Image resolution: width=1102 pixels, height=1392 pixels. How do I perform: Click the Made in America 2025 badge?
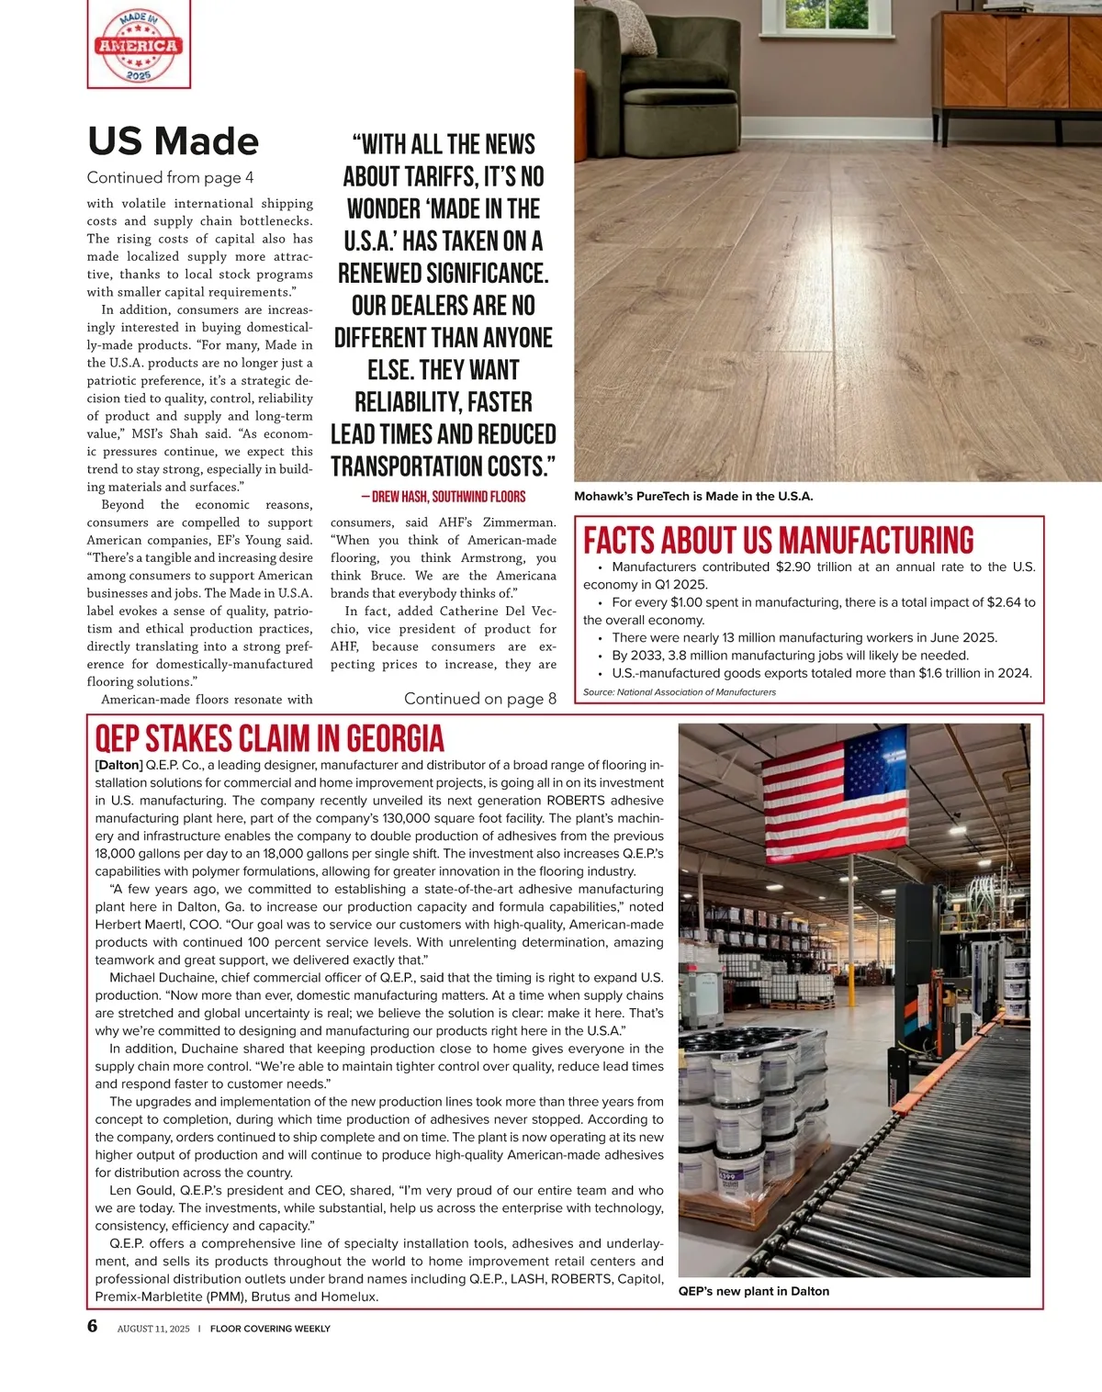click(139, 45)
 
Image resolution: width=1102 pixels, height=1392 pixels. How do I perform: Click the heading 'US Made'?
click(174, 141)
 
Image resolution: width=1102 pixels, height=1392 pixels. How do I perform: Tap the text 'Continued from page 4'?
click(170, 177)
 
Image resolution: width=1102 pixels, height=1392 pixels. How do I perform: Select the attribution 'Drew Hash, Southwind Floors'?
click(444, 497)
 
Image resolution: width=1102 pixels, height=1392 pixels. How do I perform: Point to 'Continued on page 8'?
click(479, 699)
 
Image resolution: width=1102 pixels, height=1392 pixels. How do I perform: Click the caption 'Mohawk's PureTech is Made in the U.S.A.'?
click(693, 497)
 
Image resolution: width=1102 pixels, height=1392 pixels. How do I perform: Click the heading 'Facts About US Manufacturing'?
click(779, 540)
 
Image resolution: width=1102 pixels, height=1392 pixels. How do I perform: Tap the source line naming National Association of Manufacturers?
click(679, 692)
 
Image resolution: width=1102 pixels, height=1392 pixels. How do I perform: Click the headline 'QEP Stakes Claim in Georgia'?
click(270, 739)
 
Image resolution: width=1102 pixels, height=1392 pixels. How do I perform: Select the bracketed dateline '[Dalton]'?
click(118, 765)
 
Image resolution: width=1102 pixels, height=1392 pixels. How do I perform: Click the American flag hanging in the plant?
click(834, 797)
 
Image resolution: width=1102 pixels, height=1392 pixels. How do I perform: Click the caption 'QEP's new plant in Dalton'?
click(753, 1291)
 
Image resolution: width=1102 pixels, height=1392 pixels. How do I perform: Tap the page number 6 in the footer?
click(93, 1326)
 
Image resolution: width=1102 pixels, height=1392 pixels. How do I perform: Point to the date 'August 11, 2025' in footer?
click(153, 1329)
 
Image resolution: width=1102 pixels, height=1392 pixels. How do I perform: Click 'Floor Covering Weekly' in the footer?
click(270, 1329)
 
